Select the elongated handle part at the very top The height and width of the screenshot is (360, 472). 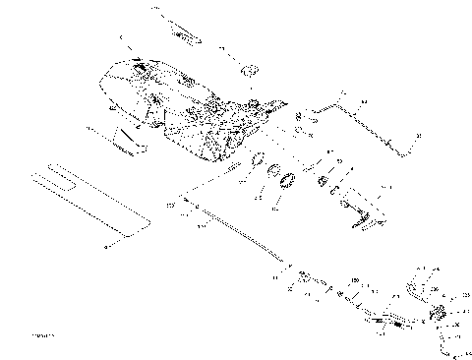coord(177,30)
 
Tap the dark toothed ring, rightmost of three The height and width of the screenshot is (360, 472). coord(289,182)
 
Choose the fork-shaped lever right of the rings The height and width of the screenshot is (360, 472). coord(362,211)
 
